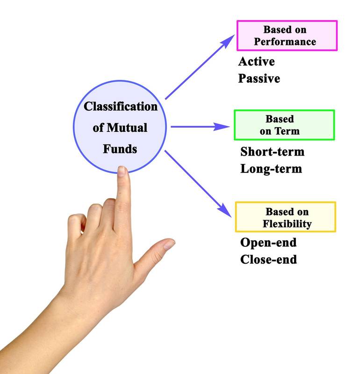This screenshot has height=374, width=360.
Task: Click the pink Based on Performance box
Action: tap(287, 35)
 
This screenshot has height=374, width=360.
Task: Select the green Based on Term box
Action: tap(284, 125)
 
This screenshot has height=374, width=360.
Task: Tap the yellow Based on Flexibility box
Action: tap(285, 217)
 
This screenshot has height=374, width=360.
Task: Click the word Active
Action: tap(256, 61)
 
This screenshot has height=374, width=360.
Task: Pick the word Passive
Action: tap(259, 78)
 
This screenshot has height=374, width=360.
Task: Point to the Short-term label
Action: tap(272, 151)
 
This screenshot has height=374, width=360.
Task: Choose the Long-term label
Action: tap(271, 168)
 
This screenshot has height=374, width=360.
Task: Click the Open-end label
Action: tap(268, 243)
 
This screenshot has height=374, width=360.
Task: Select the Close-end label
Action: tap(268, 259)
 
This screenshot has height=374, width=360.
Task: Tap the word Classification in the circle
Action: tap(121, 106)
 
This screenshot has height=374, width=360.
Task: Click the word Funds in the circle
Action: tap(121, 149)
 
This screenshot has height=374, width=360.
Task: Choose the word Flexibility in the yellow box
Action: tap(287, 223)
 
